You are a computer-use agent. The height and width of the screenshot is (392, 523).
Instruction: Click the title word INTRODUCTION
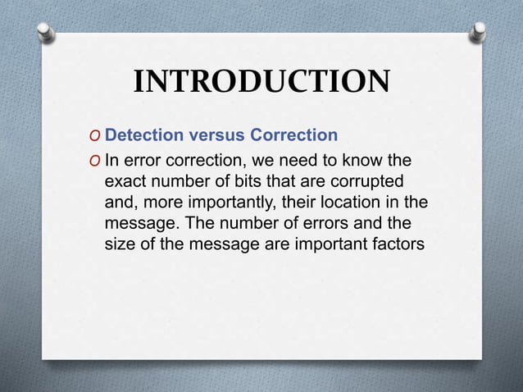pyautogui.click(x=261, y=82)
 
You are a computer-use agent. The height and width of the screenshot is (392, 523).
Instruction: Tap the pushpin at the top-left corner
pyautogui.click(x=46, y=31)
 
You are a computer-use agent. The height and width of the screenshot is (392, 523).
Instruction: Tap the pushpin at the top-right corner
pyautogui.click(x=478, y=31)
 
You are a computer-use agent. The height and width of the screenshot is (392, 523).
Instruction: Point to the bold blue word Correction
pyautogui.click(x=294, y=134)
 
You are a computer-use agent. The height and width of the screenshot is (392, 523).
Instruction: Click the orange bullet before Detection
pyautogui.click(x=96, y=135)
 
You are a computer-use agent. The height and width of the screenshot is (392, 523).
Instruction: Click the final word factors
pyautogui.click(x=398, y=244)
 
